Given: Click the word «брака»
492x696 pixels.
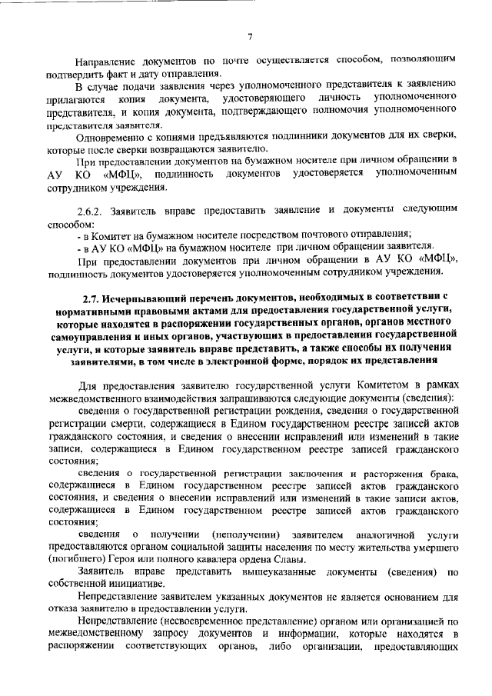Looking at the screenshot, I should [x=445, y=474].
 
